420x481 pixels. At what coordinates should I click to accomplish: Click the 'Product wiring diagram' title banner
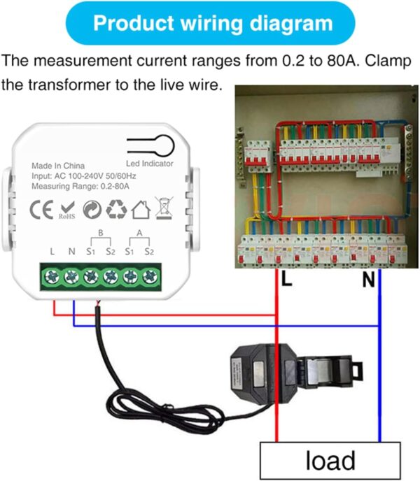coord(213,24)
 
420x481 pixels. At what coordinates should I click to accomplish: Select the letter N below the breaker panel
coord(368,281)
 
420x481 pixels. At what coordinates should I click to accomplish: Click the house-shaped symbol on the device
coord(141,209)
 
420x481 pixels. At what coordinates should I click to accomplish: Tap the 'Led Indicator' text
coord(149,164)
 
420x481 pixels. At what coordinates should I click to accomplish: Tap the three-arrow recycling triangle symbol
coord(116,209)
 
